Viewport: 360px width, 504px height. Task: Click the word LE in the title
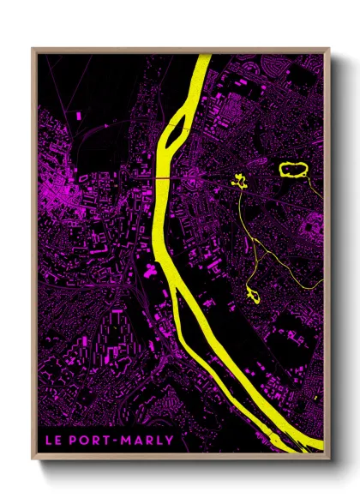[x=52, y=441]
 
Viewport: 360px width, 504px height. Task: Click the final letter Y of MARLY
[x=170, y=441]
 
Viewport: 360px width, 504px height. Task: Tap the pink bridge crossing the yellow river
[x=161, y=177]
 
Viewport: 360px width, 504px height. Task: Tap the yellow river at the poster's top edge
[x=203, y=57]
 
